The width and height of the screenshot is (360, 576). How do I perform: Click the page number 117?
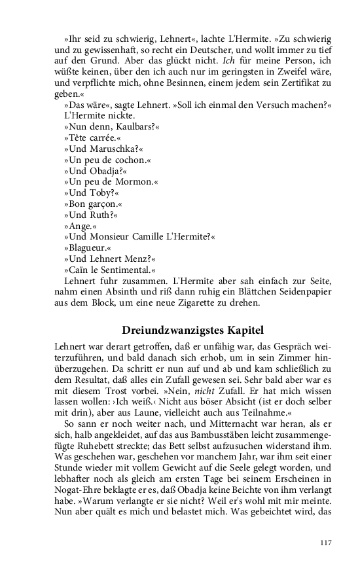pos(327,543)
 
